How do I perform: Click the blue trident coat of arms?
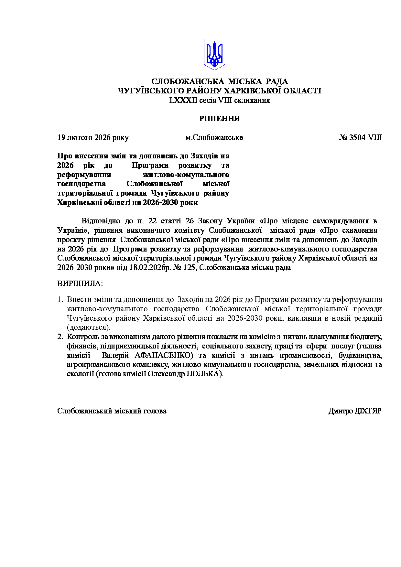tap(214, 54)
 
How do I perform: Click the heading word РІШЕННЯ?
tap(219, 119)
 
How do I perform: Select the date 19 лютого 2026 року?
tap(93, 137)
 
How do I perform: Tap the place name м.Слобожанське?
tap(214, 137)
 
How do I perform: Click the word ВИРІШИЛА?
tap(80, 284)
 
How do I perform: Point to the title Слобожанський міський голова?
tap(112, 411)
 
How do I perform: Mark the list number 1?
tap(60, 300)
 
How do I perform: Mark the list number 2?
tap(60, 337)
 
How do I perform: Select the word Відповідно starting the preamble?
tap(101, 221)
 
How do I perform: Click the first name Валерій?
tap(115, 356)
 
